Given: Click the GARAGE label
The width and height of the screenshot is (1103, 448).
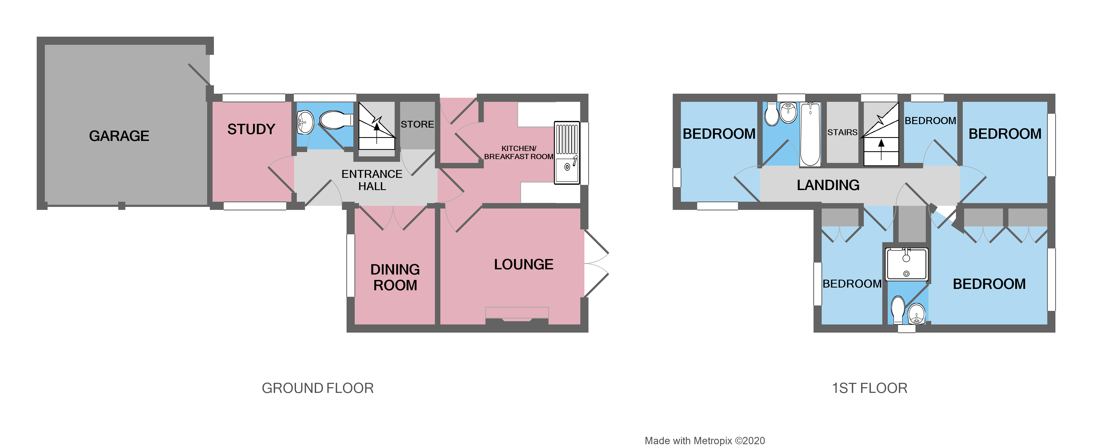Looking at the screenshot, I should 119,136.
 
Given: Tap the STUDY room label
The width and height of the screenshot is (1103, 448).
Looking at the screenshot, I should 251,129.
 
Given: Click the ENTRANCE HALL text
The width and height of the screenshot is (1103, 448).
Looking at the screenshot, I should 372,180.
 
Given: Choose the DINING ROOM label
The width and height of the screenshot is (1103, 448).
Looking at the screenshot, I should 395,277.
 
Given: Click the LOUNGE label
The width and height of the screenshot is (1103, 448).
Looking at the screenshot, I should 523,264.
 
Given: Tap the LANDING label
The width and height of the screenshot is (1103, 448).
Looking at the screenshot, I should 828,185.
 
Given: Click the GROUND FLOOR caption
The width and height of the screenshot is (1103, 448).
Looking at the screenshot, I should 317,388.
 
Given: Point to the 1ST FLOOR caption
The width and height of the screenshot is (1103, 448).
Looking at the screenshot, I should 869,388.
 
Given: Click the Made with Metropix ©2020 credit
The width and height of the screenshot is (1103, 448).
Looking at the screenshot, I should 704,441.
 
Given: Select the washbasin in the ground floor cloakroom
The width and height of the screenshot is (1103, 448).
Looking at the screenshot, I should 305,122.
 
